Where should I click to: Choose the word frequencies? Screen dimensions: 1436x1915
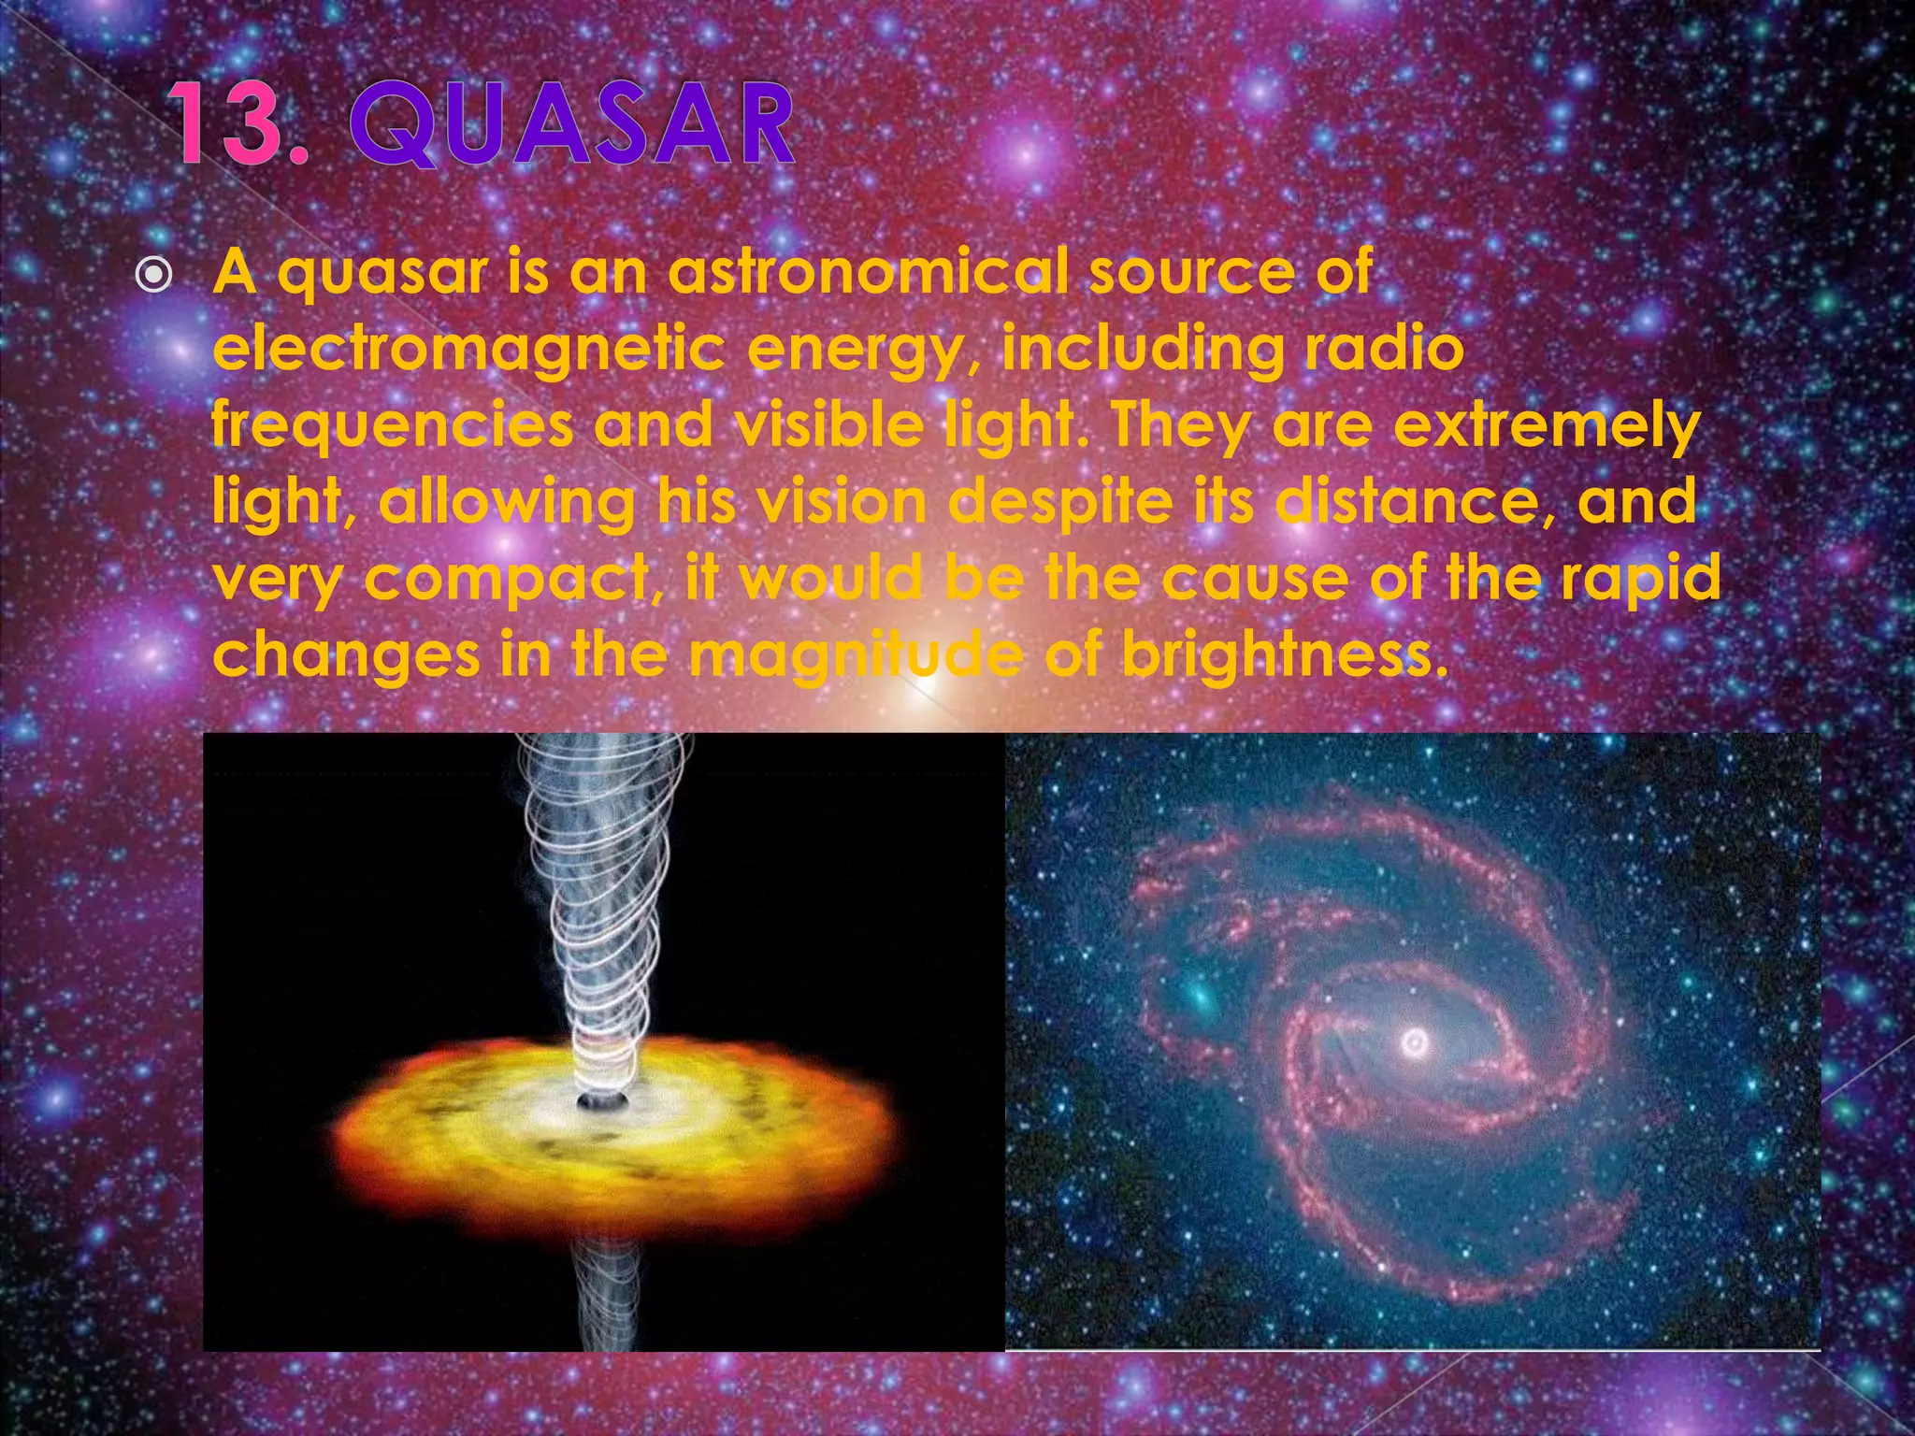click(392, 426)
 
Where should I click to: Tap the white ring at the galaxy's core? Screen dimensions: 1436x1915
click(1415, 1041)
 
